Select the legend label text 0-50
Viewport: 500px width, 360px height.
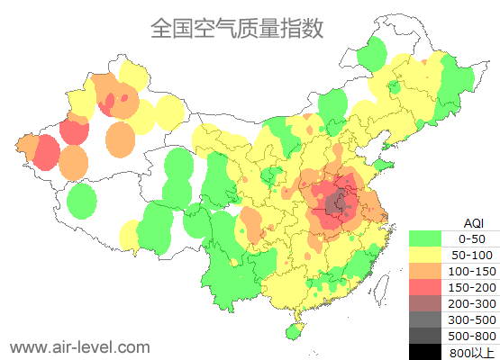472,238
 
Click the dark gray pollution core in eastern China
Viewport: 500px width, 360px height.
339,202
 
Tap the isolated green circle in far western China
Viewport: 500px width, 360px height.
82,201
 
